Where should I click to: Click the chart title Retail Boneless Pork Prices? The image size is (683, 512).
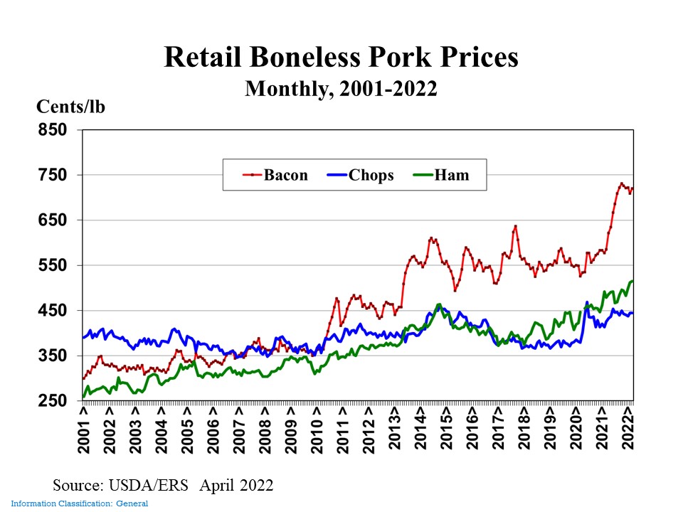[x=341, y=58]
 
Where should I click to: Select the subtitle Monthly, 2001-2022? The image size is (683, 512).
[x=341, y=88]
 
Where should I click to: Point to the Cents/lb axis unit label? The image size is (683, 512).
[x=70, y=107]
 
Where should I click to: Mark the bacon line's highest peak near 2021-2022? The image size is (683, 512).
[x=621, y=183]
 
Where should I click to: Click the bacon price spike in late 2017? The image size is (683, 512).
[x=515, y=226]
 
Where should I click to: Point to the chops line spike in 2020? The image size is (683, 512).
[x=587, y=303]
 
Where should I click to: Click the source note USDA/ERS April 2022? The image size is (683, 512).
[x=163, y=486]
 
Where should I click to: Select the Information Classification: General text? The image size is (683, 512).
[x=79, y=504]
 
